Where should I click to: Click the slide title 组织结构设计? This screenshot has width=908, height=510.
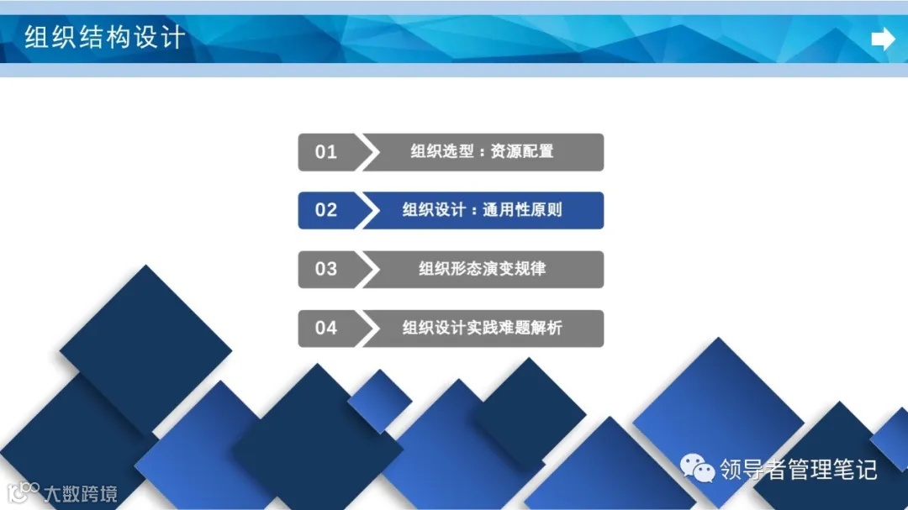[104, 38]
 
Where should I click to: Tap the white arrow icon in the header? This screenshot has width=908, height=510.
[883, 39]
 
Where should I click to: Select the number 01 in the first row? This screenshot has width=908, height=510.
[326, 152]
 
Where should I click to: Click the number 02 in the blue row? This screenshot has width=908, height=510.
[326, 210]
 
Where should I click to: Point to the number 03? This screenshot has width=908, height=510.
[326, 269]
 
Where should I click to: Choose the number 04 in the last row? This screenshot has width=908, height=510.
[326, 328]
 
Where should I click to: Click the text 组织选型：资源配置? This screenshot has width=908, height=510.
[482, 152]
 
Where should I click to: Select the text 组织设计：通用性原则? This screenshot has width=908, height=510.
[482, 210]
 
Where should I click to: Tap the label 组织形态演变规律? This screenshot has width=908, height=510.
[482, 269]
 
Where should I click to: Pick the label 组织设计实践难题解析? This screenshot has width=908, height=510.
[482, 328]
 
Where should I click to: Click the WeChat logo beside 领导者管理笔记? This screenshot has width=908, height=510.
[698, 468]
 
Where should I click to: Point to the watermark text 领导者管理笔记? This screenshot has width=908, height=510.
[798, 469]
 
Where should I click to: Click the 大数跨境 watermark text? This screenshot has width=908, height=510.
[82, 493]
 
